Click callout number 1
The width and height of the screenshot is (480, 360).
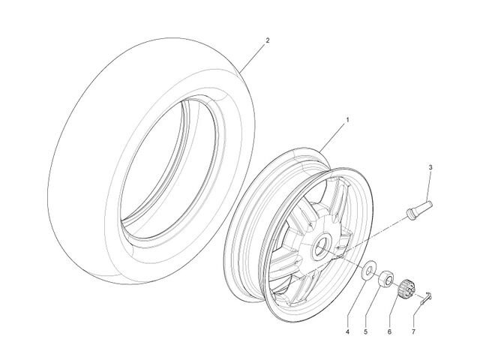tap(347, 120)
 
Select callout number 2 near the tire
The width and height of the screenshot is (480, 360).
tap(268, 40)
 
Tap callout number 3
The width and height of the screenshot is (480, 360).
tap(430, 167)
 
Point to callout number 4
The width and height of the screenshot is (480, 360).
tap(347, 331)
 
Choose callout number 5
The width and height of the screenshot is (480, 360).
tap(365, 331)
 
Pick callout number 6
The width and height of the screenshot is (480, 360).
tap(389, 331)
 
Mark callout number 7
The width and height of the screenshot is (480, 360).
tap(413, 331)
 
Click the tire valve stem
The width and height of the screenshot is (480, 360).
tap(418, 208)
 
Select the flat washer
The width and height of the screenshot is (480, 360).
tap(368, 269)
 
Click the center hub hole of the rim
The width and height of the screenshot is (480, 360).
tap(321, 244)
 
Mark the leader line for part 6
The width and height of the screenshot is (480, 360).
tap(395, 312)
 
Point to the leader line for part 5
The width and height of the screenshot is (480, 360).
tap(373, 306)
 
